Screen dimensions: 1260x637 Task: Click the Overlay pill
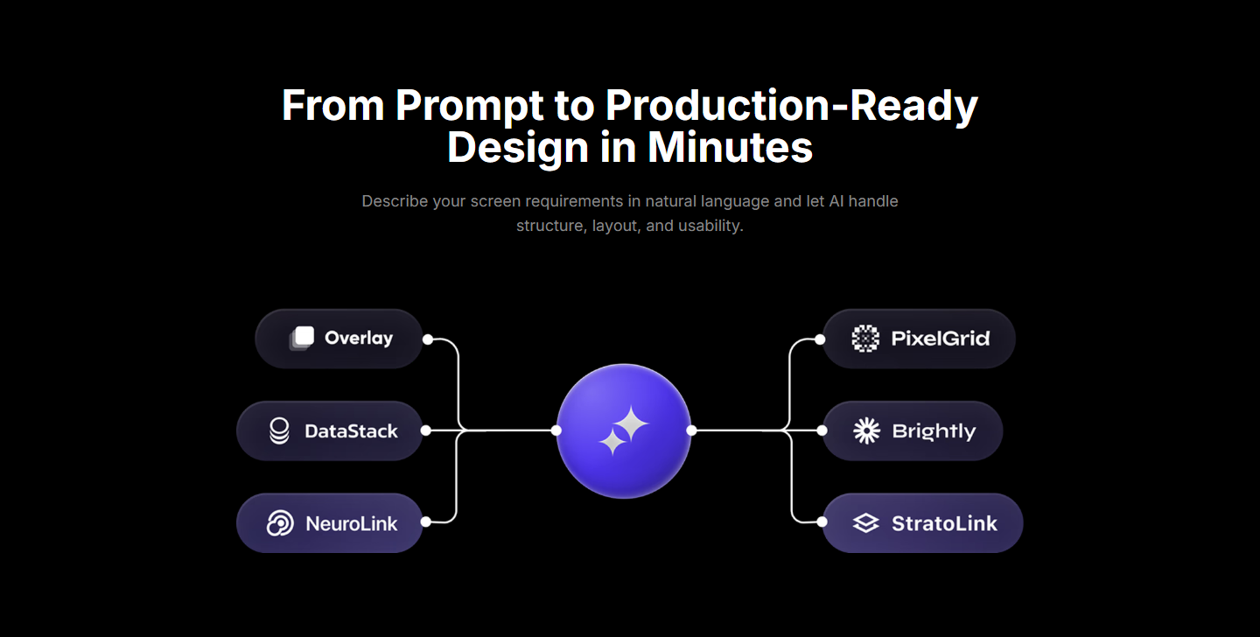(339, 339)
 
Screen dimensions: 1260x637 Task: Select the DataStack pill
(330, 430)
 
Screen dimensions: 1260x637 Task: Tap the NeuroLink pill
(330, 522)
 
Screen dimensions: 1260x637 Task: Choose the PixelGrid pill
(919, 339)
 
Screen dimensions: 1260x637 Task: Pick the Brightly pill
(913, 430)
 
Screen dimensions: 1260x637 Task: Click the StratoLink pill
(922, 522)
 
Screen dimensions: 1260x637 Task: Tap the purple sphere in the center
(624, 430)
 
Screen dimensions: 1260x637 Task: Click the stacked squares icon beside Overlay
(302, 339)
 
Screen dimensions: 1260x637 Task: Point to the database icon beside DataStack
(280, 430)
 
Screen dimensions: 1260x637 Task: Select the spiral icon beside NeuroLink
(280, 522)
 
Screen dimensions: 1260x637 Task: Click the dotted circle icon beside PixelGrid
(865, 339)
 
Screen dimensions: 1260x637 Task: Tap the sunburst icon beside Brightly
(867, 430)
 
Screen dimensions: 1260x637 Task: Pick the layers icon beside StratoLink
(866, 522)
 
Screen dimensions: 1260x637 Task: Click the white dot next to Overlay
(428, 339)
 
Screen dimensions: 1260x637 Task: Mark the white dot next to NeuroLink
(426, 521)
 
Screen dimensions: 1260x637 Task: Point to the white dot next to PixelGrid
(820, 339)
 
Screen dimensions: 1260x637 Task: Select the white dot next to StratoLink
(822, 521)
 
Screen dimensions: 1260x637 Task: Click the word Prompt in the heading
(470, 107)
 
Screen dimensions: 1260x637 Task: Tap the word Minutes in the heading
(730, 147)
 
